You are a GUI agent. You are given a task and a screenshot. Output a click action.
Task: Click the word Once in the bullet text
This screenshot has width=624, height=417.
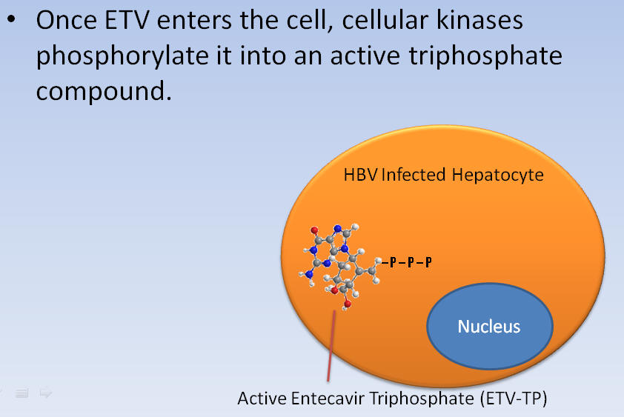tap(67, 20)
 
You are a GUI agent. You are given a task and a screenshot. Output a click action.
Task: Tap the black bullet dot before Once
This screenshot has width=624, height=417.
tap(12, 19)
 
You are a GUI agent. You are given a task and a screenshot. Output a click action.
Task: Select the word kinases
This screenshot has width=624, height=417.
tap(479, 20)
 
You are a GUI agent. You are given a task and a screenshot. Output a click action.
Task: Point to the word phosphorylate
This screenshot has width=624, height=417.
tap(122, 56)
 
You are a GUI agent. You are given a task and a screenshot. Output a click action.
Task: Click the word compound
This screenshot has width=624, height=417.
tap(104, 92)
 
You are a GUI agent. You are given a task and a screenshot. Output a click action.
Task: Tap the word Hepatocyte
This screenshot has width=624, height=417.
tap(497, 176)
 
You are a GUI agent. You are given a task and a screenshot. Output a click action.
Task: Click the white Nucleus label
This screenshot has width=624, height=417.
tap(488, 327)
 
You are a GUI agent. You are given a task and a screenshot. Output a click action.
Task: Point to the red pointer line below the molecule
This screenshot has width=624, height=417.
tap(331, 346)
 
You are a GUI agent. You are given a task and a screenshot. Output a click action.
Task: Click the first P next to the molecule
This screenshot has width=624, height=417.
tap(393, 261)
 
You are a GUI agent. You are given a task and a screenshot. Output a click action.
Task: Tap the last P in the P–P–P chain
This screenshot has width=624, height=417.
tap(428, 261)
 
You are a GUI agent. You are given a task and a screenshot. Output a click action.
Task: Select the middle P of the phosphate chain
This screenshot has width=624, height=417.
tap(411, 261)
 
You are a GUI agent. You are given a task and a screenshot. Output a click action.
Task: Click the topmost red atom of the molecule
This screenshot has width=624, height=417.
tap(314, 230)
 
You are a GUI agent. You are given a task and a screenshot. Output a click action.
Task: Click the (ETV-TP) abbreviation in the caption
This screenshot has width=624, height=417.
tap(514, 398)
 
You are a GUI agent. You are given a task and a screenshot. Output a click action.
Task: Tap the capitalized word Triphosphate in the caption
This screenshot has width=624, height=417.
tap(422, 399)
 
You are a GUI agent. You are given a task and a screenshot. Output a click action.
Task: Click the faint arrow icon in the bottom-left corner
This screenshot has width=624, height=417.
tap(46, 393)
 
